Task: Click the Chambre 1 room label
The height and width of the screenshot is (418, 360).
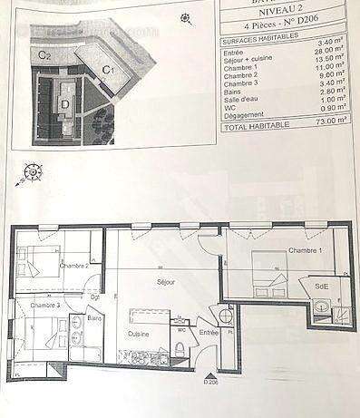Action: pos(305,250)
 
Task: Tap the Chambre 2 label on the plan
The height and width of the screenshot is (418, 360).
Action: pos(73,266)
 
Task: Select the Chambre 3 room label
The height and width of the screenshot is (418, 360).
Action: pos(45,306)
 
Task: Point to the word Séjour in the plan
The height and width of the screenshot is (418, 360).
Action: pos(165,283)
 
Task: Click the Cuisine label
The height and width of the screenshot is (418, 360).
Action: pos(138,335)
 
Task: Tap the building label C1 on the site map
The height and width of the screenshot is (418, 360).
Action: pos(107,69)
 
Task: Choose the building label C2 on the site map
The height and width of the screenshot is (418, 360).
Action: pos(43,55)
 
